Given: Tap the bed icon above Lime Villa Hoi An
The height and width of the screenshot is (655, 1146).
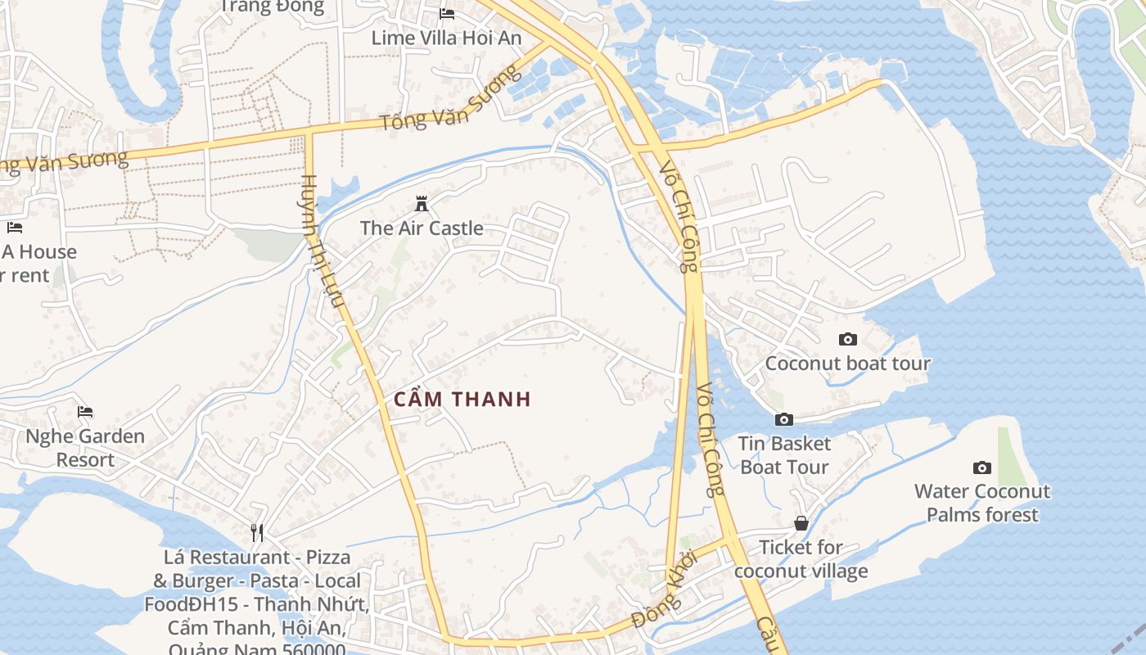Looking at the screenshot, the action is pos(447,13).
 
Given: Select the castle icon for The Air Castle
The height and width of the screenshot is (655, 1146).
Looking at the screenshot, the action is pos(422,203).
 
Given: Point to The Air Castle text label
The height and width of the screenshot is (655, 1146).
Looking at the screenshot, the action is pos(422,228).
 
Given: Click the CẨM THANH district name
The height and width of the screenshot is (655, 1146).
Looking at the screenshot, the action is pos(462,400).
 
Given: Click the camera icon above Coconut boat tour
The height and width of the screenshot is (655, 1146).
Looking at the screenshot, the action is pos(848,339).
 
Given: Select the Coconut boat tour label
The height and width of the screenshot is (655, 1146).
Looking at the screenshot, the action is pos(848,364).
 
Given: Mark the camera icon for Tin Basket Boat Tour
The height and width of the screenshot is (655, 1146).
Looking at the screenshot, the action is pos(784,419).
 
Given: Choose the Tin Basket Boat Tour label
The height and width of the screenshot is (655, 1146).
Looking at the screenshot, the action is pos(784,455).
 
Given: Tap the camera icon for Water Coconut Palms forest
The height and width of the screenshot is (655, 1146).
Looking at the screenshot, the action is pos(982,468).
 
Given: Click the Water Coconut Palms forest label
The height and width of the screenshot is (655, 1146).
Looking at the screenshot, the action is pos(982,503).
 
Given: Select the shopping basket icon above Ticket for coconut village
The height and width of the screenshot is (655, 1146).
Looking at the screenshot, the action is pos(801,522).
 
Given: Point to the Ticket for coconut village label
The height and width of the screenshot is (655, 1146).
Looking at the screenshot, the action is pos(801,558).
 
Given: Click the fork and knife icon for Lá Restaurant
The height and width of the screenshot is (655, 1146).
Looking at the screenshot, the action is pos(257,532).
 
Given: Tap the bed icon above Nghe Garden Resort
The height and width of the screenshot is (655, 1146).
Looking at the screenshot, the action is pos(85,411).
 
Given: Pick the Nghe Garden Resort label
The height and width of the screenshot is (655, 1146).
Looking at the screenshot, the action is pos(85,448).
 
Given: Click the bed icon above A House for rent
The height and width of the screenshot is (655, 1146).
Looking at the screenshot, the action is pos(14,227).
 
